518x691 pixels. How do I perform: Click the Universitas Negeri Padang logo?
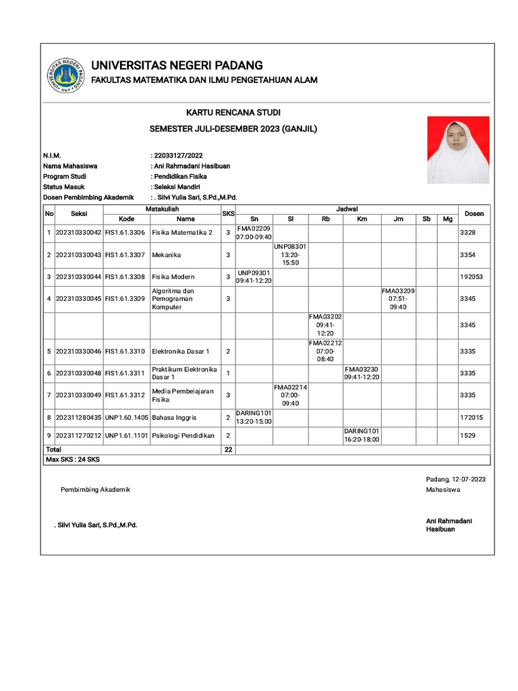(x=65, y=76)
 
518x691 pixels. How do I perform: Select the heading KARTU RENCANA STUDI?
(x=233, y=112)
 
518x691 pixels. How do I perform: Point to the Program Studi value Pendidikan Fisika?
(x=181, y=176)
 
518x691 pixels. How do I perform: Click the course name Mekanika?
(x=167, y=255)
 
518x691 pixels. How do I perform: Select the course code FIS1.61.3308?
(x=125, y=277)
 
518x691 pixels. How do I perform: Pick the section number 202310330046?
(x=78, y=352)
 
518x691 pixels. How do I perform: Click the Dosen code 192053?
(x=471, y=277)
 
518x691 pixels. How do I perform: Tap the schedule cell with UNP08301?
(x=291, y=255)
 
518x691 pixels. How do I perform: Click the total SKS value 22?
(x=228, y=449)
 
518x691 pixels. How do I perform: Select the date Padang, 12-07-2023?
(x=455, y=479)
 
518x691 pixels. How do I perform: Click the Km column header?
(x=362, y=219)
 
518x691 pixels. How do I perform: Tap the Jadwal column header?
(x=347, y=209)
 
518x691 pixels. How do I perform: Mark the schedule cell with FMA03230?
(x=362, y=373)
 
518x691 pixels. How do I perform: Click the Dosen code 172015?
(x=471, y=418)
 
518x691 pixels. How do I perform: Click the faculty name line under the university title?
(x=204, y=80)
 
